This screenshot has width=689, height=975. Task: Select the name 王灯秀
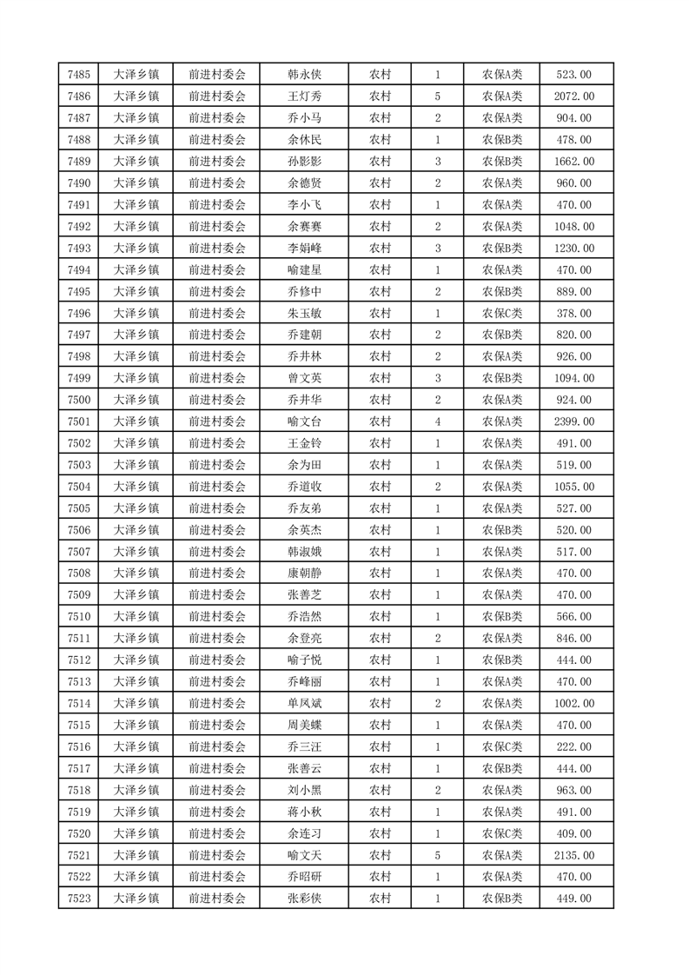pos(304,96)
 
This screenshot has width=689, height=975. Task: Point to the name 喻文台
pos(304,421)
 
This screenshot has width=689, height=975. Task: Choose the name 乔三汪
pos(304,746)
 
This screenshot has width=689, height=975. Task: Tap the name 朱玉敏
pos(304,313)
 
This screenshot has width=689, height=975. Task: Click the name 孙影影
pos(304,162)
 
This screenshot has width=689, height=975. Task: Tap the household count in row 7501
pos(437,421)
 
